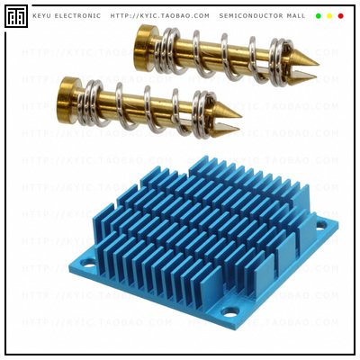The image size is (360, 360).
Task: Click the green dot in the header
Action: point(318,16)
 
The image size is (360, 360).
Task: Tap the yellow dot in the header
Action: point(329,16)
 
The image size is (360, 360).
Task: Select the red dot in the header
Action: point(341,16)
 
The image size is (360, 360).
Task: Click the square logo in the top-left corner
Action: point(15,16)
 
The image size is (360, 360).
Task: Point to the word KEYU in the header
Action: point(42,16)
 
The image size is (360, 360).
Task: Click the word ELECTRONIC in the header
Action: point(76,16)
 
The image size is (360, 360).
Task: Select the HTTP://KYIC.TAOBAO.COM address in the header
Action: point(160,16)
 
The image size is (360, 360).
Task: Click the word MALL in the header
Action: point(295,16)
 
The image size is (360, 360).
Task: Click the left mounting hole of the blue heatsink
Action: point(88,264)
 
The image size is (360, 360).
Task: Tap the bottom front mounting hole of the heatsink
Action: point(229,313)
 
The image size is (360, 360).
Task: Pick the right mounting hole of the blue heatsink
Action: point(321,225)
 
